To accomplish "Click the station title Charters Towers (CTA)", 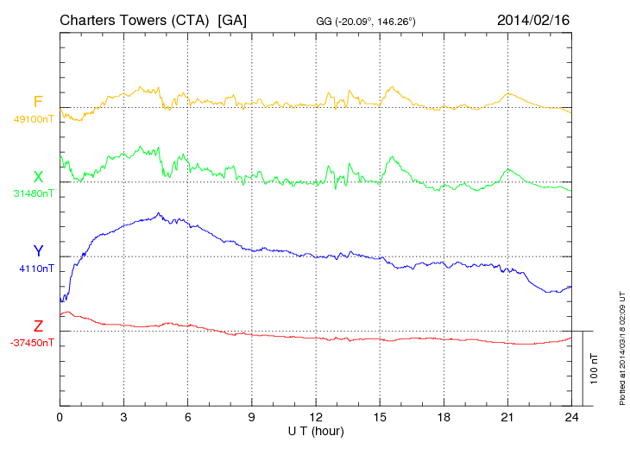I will click(x=135, y=20).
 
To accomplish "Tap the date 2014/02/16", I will click(x=533, y=20).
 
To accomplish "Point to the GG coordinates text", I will click(x=367, y=21).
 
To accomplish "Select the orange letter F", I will click(x=38, y=103).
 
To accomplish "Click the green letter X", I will click(x=38, y=177).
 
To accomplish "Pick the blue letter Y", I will click(x=38, y=251).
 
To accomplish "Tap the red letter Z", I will click(x=38, y=326).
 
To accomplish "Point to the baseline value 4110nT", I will click(x=35, y=269).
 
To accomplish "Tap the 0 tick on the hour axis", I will click(x=60, y=417).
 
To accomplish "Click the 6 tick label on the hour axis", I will click(x=188, y=417).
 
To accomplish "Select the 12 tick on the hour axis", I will click(x=316, y=417).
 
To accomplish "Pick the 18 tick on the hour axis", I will click(x=444, y=417).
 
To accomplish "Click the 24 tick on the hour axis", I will click(x=571, y=417).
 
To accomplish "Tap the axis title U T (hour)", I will click(x=316, y=430).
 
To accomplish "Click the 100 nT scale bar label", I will click(x=595, y=368).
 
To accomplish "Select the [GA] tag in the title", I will click(x=233, y=20).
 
